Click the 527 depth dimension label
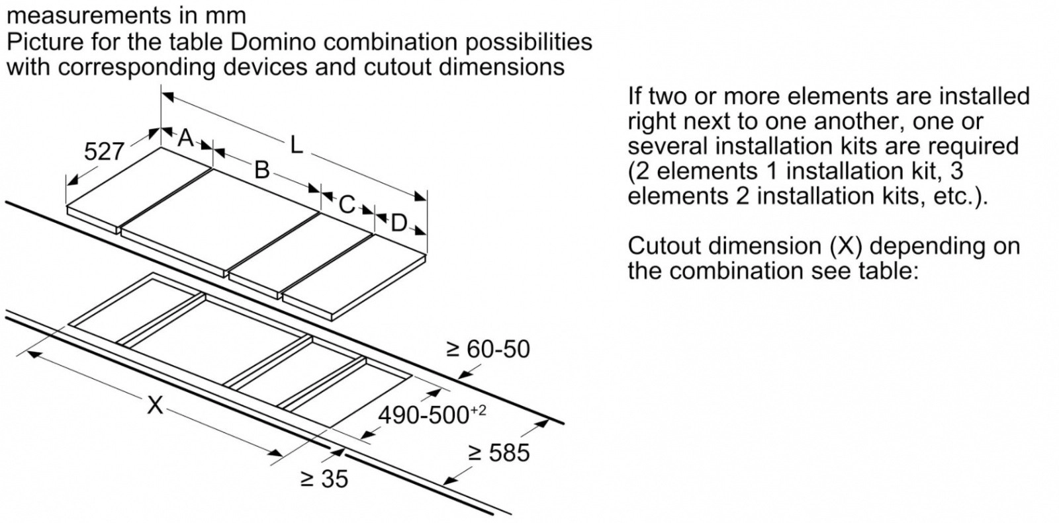(104, 151)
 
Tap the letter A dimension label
(186, 138)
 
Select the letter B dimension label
(262, 170)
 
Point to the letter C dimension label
(346, 204)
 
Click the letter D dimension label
(398, 223)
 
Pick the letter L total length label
(296, 145)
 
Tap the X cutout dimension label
(154, 404)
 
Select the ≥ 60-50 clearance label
(488, 348)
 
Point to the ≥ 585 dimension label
(498, 452)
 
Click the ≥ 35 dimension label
(324, 479)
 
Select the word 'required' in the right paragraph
(973, 146)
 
